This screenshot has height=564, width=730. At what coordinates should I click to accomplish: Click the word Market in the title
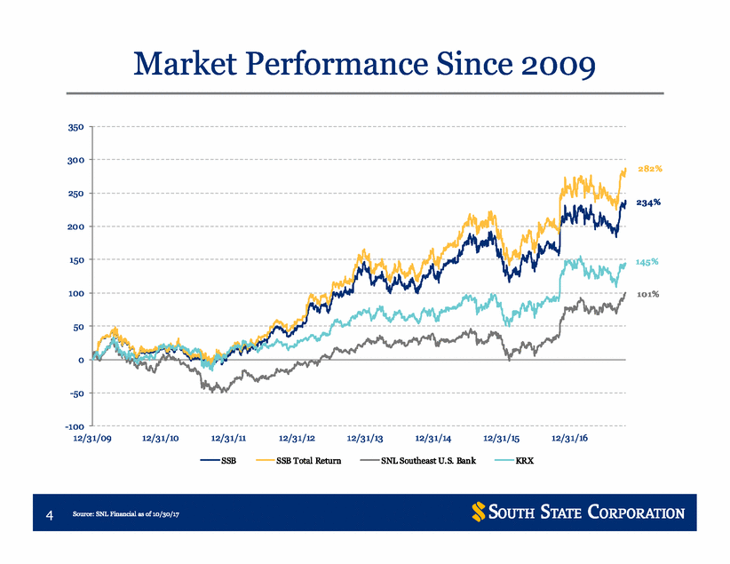(x=186, y=64)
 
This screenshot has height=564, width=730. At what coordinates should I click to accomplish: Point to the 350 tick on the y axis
(x=75, y=127)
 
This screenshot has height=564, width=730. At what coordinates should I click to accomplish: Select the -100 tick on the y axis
(x=75, y=426)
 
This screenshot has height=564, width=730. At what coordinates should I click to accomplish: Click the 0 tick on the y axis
(x=81, y=360)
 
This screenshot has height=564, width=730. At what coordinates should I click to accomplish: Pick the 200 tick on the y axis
(x=75, y=226)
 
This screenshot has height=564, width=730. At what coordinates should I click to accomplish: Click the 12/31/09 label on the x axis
(x=92, y=438)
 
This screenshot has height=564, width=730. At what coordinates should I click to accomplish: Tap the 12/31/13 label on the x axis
(x=365, y=438)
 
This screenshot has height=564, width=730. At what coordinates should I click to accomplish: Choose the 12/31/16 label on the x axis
(x=570, y=438)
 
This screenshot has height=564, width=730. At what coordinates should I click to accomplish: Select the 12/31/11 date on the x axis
(x=228, y=438)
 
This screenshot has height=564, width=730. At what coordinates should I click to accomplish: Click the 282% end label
(x=650, y=169)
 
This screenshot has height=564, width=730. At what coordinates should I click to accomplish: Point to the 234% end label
(x=648, y=203)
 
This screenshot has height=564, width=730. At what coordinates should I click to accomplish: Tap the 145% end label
(x=647, y=262)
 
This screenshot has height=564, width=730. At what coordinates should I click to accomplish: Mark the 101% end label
(x=648, y=294)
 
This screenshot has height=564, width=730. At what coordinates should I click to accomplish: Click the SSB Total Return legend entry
(x=298, y=461)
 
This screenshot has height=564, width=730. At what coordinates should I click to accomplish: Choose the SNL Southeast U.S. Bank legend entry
(x=418, y=461)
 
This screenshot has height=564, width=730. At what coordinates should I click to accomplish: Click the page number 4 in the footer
(x=50, y=514)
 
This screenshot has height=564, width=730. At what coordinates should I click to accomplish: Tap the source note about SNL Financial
(x=126, y=514)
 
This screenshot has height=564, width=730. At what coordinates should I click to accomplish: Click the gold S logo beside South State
(x=478, y=512)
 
